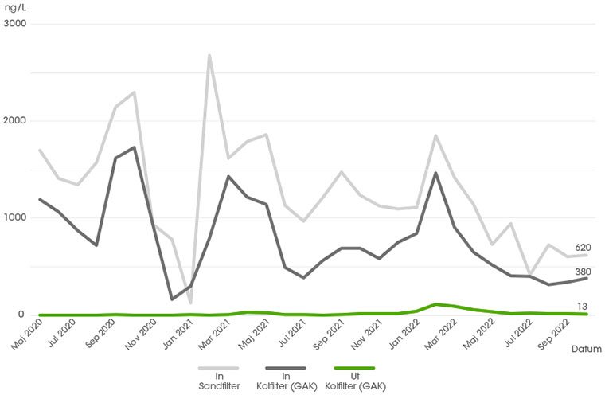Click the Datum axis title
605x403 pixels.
(586, 349)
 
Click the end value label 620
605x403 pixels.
(583, 248)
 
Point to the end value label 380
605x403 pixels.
(583, 272)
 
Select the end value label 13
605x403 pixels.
(583, 307)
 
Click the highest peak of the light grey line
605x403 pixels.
(209, 56)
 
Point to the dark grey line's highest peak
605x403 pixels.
(134, 147)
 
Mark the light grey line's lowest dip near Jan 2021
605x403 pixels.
(190, 302)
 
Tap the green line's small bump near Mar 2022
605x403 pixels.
(435, 304)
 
